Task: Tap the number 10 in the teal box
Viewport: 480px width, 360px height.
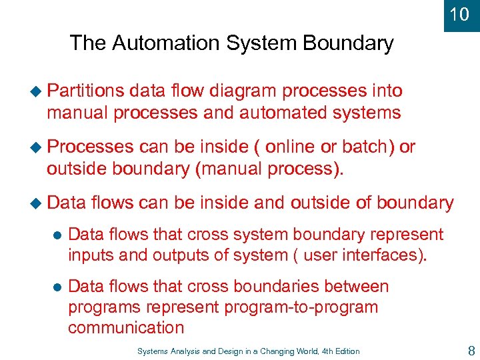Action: (x=459, y=14)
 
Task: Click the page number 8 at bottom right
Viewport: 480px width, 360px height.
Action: (x=471, y=351)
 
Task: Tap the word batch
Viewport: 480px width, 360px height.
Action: (x=365, y=147)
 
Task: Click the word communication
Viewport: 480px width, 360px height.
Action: (x=126, y=327)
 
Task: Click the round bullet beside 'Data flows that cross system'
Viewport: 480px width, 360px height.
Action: (x=57, y=235)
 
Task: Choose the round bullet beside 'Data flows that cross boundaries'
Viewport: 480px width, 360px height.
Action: (x=57, y=287)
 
